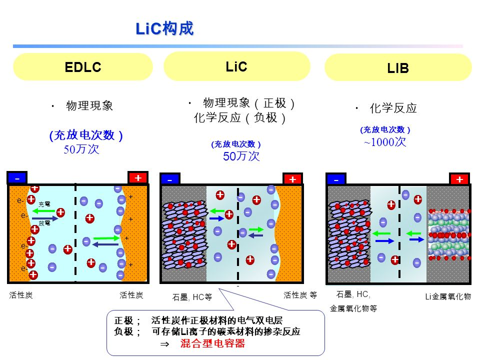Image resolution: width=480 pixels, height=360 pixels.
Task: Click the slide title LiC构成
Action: point(164,28)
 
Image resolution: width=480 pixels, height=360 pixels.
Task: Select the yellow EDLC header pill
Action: point(83,67)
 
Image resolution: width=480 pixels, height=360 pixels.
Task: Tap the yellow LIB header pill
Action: point(398,68)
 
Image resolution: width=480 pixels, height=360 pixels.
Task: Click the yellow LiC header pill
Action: point(237,66)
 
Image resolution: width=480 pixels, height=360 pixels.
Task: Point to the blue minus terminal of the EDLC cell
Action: point(17,178)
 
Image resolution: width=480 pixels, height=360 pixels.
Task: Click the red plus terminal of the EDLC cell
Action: point(138,178)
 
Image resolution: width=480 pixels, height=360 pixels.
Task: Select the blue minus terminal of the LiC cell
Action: point(170,179)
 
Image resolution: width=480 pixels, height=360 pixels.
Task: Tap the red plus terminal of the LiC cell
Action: point(292,179)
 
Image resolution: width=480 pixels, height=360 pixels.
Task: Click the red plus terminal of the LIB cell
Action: point(459,179)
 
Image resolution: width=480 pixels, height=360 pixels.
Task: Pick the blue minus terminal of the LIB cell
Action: point(336,179)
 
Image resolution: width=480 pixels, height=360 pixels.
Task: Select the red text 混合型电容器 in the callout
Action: point(212,344)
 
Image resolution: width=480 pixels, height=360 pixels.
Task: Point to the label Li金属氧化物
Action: point(447,297)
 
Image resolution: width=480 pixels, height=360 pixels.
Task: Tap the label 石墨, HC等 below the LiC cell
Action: point(192,297)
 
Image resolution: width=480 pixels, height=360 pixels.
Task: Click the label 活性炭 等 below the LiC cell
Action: point(300,295)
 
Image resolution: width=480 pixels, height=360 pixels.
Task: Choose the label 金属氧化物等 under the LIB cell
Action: point(353,308)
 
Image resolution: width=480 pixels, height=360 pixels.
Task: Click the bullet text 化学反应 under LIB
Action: point(393,108)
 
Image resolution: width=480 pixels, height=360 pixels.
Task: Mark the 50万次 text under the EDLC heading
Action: point(81,149)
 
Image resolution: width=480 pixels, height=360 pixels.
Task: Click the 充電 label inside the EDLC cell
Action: point(44,204)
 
